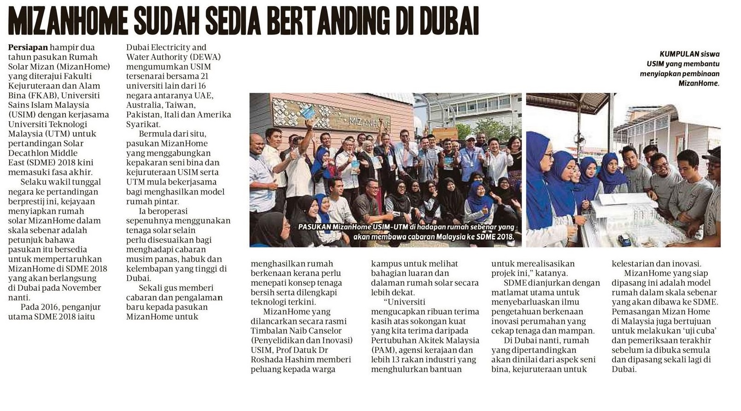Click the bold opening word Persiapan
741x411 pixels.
pyautogui.click(x=28, y=47)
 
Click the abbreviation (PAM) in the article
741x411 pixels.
pyautogui.click(x=382, y=350)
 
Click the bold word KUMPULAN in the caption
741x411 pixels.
pyautogui.click(x=679, y=54)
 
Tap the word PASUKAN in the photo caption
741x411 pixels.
pyautogui.click(x=314, y=227)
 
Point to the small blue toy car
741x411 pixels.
pyautogui.click(x=624, y=240)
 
